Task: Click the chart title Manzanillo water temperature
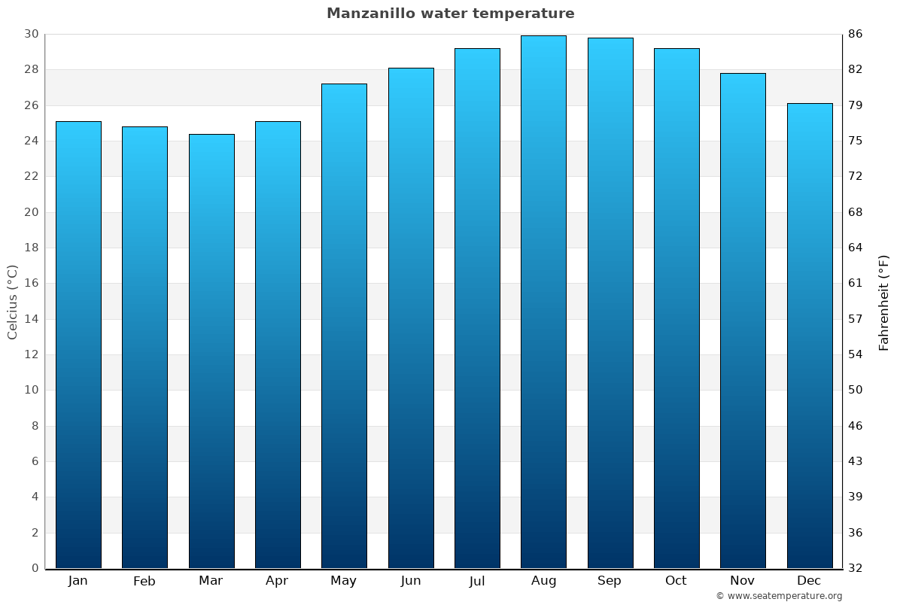(450, 14)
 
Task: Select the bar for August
(543, 301)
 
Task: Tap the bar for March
(211, 351)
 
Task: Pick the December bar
(810, 336)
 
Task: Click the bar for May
(344, 326)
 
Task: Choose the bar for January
(78, 345)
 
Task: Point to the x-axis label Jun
(411, 581)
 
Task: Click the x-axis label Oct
(676, 581)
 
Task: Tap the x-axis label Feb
(144, 581)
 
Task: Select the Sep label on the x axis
(610, 581)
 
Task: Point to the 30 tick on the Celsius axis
(31, 34)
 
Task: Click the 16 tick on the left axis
(31, 284)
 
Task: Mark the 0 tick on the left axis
(35, 568)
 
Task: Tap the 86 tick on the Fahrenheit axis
(856, 34)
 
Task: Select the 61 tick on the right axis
(856, 284)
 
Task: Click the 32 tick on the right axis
(856, 568)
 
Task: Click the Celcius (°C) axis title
(12, 302)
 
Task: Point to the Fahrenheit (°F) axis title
(884, 302)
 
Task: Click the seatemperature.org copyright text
(779, 596)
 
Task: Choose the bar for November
(743, 321)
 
